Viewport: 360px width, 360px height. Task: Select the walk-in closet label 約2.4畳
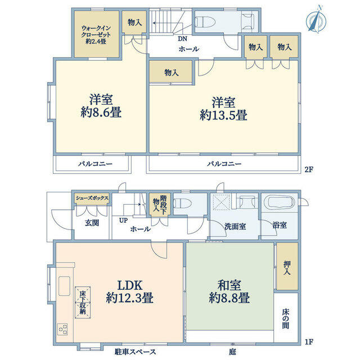coord(96,41)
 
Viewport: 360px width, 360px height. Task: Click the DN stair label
coord(182,39)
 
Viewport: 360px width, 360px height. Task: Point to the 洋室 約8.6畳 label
coord(101,106)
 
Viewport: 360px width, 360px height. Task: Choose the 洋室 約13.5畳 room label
coord(223,109)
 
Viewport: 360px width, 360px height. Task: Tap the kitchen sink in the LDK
coord(64,286)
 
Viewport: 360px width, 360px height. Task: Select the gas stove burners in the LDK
coord(62,329)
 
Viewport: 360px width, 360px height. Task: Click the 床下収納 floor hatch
coord(83,303)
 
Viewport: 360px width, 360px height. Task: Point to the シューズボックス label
coord(92,198)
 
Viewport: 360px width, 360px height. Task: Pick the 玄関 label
coord(92,223)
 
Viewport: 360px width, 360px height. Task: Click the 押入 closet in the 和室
coord(287,266)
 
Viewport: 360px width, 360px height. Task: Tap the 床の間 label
coord(286,319)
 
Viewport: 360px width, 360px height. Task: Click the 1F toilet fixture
coord(182,204)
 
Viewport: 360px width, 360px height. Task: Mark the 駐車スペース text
coord(135,352)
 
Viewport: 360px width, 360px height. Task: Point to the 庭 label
coord(232,352)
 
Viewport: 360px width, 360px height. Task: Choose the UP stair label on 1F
coord(123,220)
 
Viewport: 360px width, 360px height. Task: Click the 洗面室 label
coord(235,226)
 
